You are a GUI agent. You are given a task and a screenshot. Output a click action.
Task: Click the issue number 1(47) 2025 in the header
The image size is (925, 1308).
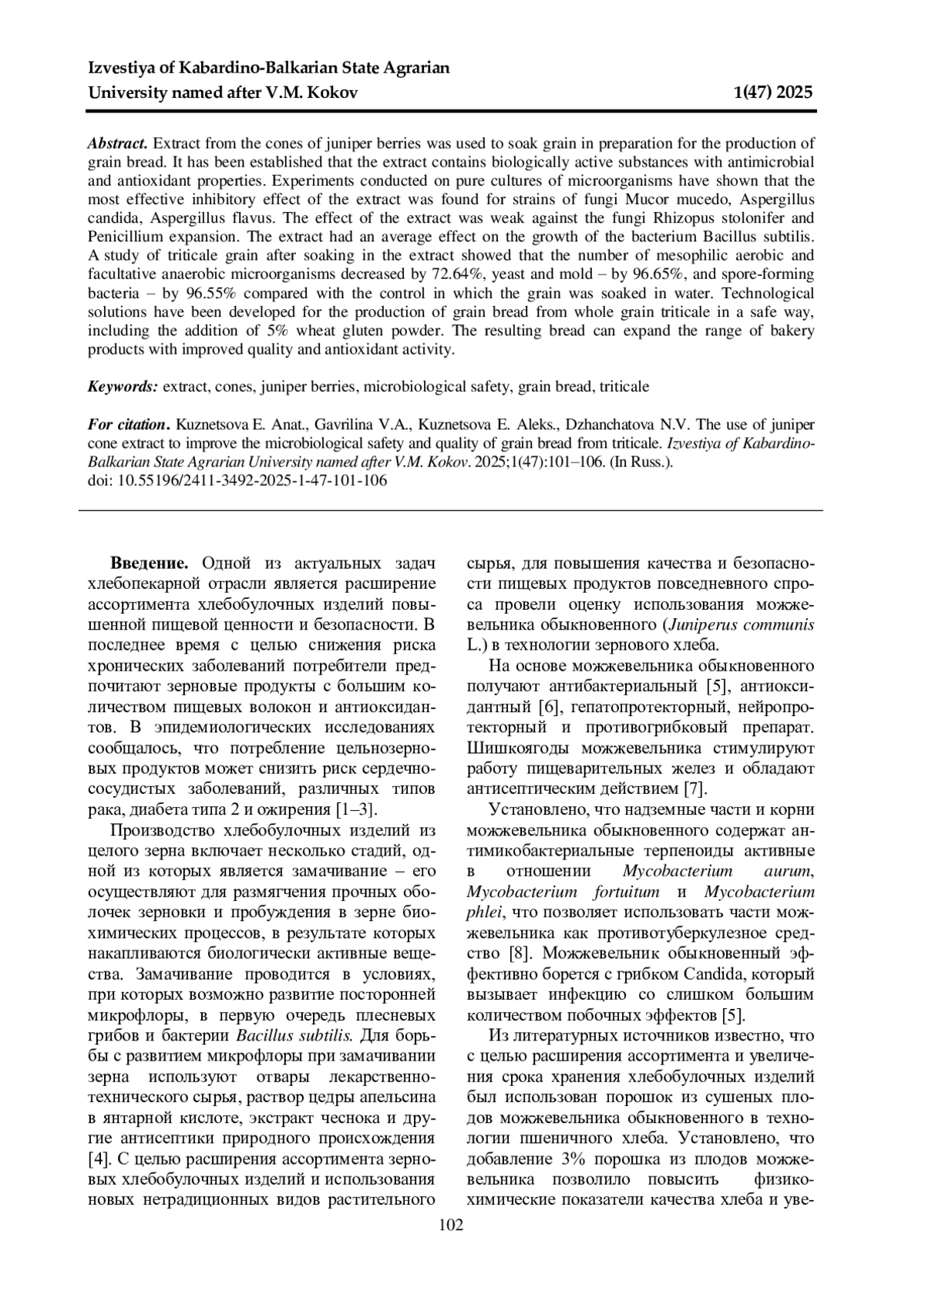pos(773,93)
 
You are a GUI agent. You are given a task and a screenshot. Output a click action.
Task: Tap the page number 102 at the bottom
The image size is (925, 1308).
pos(451,1224)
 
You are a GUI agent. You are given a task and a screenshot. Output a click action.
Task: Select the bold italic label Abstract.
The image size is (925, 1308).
pos(116,143)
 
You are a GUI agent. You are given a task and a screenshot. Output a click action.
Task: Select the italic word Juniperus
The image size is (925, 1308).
pos(704,624)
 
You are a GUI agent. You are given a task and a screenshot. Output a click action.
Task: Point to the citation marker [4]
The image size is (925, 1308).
pos(99,1159)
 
